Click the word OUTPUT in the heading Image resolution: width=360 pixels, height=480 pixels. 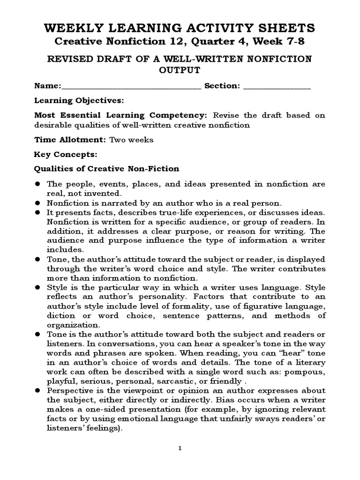pyautogui.click(x=180, y=70)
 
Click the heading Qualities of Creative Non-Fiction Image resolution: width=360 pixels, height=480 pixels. pyautogui.click(x=107, y=168)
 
